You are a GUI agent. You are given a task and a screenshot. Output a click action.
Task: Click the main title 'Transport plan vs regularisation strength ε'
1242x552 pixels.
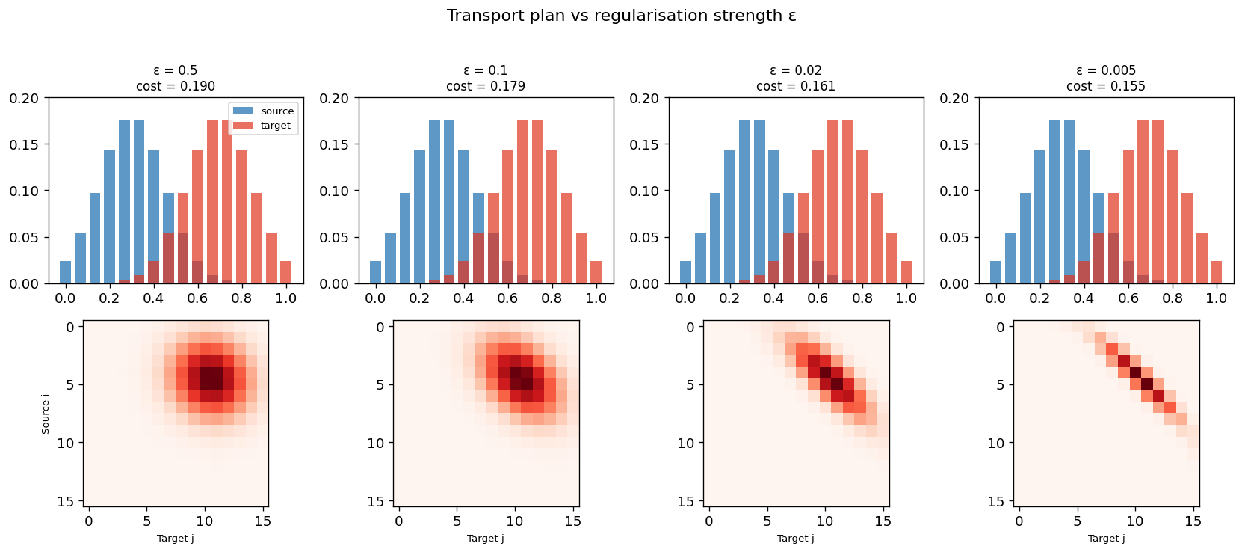click(621, 16)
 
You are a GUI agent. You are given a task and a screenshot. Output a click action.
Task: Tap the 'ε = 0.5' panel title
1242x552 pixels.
click(175, 70)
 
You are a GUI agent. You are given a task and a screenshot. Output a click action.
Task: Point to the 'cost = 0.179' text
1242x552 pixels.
click(485, 86)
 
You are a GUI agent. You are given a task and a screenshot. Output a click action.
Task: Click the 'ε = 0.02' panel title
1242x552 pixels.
click(796, 70)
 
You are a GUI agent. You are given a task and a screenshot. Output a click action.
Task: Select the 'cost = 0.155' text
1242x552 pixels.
click(1105, 86)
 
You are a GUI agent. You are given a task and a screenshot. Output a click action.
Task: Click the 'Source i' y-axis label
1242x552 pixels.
click(46, 414)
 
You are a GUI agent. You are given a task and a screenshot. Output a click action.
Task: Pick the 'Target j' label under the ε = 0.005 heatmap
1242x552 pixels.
click(1106, 538)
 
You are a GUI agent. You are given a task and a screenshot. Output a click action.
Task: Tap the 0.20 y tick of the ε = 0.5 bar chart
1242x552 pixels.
click(25, 98)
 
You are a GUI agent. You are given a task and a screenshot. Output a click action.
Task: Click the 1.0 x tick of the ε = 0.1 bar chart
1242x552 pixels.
click(596, 298)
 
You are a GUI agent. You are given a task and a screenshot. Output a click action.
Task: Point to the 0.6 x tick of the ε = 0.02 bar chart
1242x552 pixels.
click(818, 298)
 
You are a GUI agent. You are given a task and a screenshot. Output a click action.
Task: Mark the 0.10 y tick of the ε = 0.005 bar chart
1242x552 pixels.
click(955, 191)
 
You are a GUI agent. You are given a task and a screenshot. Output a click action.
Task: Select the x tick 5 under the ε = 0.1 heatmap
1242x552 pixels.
click(457, 521)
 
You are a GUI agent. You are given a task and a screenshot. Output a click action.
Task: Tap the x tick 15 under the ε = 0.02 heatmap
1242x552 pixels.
click(883, 521)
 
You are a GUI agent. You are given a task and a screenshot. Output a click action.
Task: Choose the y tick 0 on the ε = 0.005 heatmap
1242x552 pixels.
click(1001, 327)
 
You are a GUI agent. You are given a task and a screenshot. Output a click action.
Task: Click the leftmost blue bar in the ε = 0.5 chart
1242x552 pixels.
click(66, 272)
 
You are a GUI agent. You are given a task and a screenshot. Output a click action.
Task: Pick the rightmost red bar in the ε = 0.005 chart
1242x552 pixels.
click(1216, 272)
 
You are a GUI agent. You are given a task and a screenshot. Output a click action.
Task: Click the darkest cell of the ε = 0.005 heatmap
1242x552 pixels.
click(1135, 372)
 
